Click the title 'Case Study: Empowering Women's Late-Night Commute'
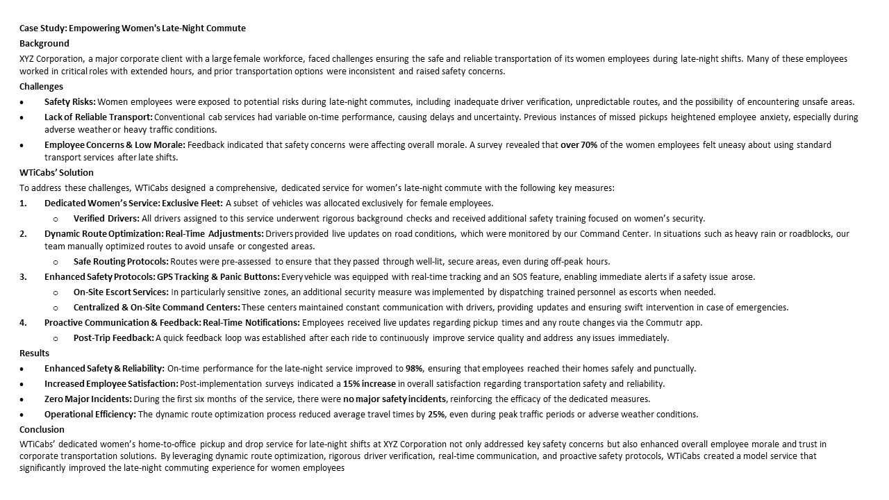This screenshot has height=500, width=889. click(133, 28)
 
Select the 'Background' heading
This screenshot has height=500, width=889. click(44, 44)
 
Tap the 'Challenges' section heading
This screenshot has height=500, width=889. click(41, 87)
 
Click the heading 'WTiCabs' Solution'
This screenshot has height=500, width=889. click(56, 173)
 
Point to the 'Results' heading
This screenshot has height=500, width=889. click(34, 353)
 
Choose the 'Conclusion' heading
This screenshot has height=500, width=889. click(42, 430)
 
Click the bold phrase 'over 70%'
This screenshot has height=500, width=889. click(579, 145)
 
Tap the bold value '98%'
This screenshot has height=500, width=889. click(414, 369)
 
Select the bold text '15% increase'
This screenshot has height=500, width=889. click(370, 384)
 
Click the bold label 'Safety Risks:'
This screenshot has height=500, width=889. click(70, 102)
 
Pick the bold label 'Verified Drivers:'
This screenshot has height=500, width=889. click(106, 219)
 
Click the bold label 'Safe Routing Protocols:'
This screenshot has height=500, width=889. click(121, 262)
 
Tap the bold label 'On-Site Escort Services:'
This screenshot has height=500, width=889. click(121, 292)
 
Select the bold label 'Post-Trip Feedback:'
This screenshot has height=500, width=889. click(114, 338)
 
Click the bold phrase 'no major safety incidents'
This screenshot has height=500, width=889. click(395, 399)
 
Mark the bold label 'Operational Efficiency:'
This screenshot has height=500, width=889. click(90, 415)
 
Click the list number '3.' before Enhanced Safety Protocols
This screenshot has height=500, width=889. click(24, 277)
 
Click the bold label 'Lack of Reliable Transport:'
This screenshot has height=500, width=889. click(99, 117)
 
